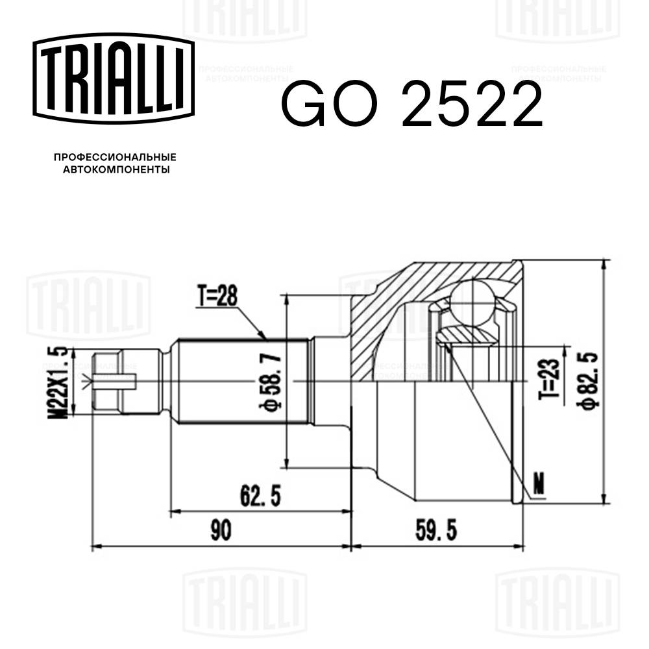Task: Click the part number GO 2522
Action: pyautogui.click(x=411, y=104)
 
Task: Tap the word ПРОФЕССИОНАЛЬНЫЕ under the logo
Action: pyautogui.click(x=115, y=158)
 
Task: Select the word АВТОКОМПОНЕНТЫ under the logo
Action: pyautogui.click(x=116, y=170)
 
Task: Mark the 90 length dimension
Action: pyautogui.click(x=221, y=531)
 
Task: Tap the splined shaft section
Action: pyautogui.click(x=240, y=381)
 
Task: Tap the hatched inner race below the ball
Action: pyautogui.click(x=467, y=336)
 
